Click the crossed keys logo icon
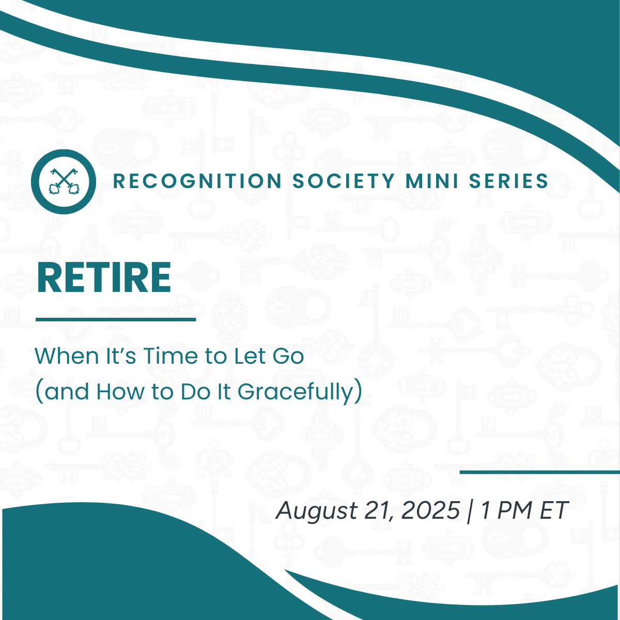63,181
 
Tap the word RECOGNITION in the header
197,181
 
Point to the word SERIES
508,181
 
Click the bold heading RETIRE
104,277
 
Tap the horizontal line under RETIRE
116,319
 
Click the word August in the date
317,511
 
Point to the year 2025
430,511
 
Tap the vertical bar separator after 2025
469,511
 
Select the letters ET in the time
554,511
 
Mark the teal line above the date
539,472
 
